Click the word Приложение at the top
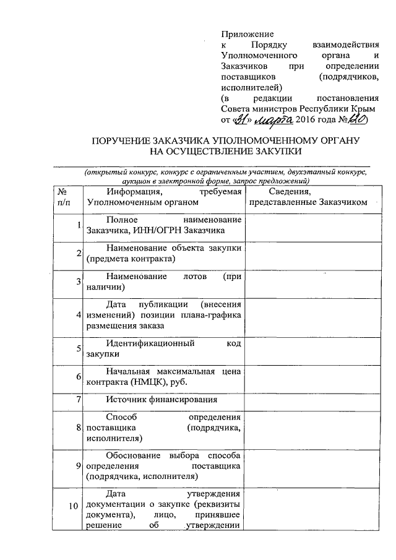[x=247, y=34]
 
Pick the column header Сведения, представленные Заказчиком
[x=308, y=197]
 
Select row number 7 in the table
[x=80, y=399]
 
